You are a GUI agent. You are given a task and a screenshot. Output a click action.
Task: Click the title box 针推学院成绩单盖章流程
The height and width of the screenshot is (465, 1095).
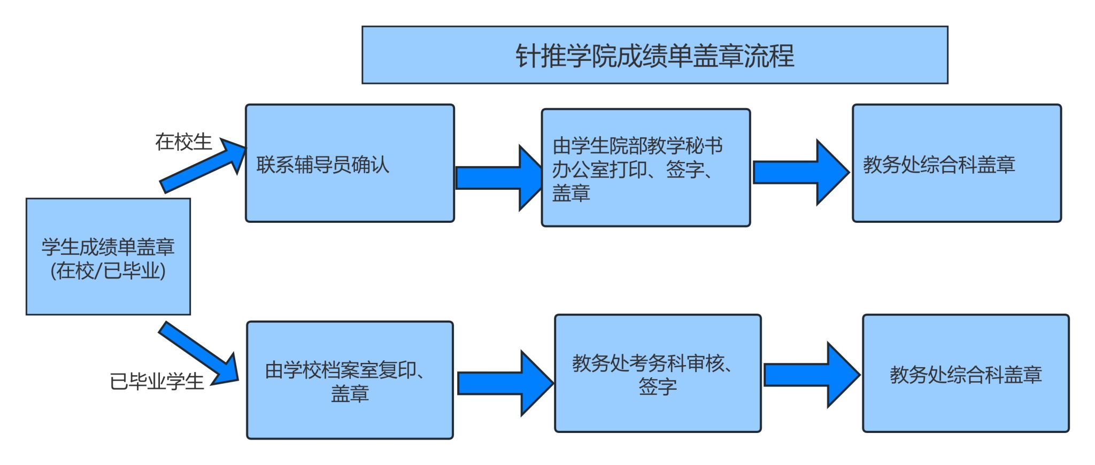pos(654,55)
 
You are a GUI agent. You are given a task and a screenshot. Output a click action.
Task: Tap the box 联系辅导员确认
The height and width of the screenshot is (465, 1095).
pos(350,164)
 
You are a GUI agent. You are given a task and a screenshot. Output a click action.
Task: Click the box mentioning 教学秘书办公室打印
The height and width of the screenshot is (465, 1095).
pos(645,168)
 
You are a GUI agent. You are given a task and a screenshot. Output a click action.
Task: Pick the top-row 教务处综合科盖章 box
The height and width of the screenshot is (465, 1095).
pos(957,164)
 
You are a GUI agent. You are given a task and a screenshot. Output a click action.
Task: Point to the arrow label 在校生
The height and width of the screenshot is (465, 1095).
pos(183,142)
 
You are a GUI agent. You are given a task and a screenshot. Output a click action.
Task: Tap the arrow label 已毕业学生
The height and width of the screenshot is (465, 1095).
pos(157,382)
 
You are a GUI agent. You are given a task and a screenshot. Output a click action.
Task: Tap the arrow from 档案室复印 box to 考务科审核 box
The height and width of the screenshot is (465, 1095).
pos(504,383)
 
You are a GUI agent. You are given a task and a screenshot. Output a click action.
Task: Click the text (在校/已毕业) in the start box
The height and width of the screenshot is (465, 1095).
pos(108,271)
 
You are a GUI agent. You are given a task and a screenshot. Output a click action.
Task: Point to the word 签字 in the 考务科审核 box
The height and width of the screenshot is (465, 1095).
pos(658,386)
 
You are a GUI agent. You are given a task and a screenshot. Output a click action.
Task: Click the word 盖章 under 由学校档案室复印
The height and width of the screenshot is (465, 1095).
pos(350,394)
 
